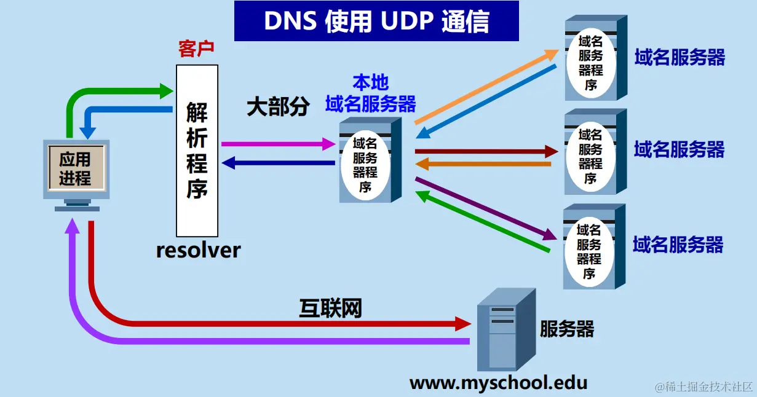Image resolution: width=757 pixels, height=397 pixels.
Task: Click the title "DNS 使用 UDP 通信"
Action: pyautogui.click(x=376, y=21)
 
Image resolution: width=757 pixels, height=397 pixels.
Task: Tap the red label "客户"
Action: pyautogui.click(x=196, y=49)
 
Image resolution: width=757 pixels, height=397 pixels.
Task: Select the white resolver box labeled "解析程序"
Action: pyautogui.click(x=197, y=151)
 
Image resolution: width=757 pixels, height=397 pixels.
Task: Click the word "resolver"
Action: pyautogui.click(x=198, y=251)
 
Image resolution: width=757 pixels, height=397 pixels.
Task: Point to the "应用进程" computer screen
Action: pyautogui.click(x=75, y=168)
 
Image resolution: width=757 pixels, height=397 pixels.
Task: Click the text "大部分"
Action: pyautogui.click(x=278, y=107)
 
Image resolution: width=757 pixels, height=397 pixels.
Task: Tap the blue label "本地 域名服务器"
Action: pyautogui.click(x=370, y=93)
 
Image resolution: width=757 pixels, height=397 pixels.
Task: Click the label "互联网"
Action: pyautogui.click(x=330, y=307)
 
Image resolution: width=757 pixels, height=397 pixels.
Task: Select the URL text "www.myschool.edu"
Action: pyautogui.click(x=498, y=383)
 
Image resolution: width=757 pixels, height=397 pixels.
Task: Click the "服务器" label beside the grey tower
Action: pyautogui.click(x=567, y=329)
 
